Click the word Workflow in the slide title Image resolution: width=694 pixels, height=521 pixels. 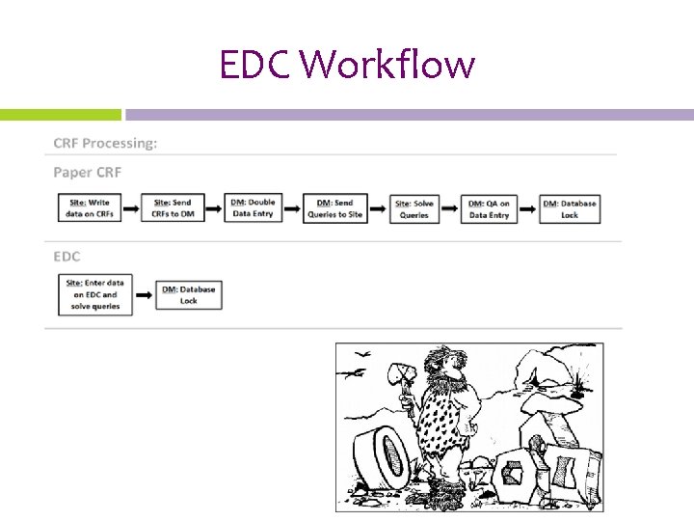[x=387, y=66]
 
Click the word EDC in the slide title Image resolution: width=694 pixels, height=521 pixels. [x=255, y=66]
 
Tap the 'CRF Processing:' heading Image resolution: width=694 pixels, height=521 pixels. [x=105, y=143]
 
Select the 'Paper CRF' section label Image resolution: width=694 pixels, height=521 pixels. [x=87, y=173]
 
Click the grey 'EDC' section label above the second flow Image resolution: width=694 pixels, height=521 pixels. [x=67, y=257]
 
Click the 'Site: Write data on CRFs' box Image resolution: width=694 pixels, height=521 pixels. [x=91, y=208]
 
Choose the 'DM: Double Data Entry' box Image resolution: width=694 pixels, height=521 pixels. [x=254, y=208]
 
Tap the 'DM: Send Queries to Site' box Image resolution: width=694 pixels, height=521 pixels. [x=334, y=208]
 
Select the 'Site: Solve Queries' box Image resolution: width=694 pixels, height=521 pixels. [x=414, y=208]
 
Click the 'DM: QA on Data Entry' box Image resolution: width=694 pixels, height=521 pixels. [x=489, y=208]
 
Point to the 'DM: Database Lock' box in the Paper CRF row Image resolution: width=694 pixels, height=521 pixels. [x=570, y=208]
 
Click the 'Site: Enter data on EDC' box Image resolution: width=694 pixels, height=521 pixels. [x=94, y=294]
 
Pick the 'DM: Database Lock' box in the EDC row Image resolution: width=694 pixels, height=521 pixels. [x=189, y=294]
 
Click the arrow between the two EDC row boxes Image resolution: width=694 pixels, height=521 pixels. [x=142, y=294]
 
